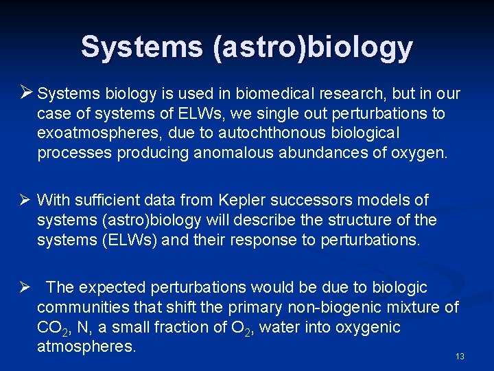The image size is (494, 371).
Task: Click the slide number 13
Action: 460,357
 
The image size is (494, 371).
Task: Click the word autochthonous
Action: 257,133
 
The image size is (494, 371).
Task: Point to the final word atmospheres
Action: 86,346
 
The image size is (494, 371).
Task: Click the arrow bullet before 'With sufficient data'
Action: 25,201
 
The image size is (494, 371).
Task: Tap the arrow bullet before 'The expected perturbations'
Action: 25,287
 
